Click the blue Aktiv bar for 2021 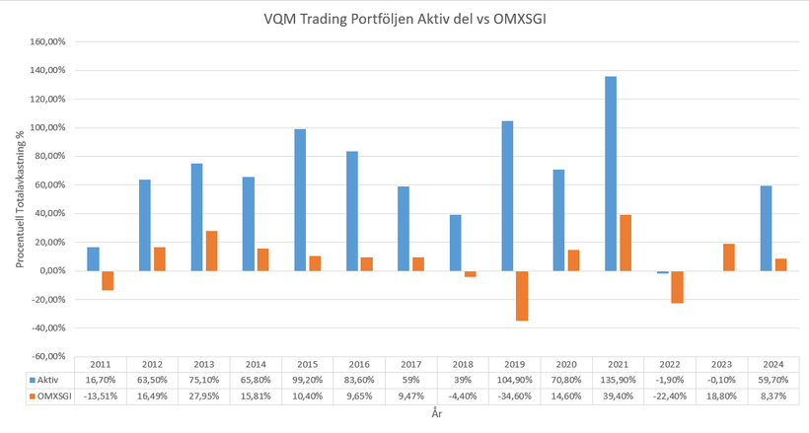[x=611, y=174]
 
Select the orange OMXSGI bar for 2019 [x=522, y=295]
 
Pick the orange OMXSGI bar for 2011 [x=108, y=280]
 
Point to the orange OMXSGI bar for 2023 [x=729, y=257]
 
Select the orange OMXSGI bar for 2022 [x=677, y=286]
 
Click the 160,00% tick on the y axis [x=46, y=42]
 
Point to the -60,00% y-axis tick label [x=46, y=356]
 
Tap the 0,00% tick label [x=50, y=270]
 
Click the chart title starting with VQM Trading [x=405, y=19]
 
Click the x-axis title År [x=436, y=416]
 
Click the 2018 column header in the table [x=463, y=364]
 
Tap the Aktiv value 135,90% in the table [x=618, y=380]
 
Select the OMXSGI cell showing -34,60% [x=514, y=397]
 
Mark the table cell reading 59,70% [x=772, y=380]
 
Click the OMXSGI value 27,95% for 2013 [x=204, y=397]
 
